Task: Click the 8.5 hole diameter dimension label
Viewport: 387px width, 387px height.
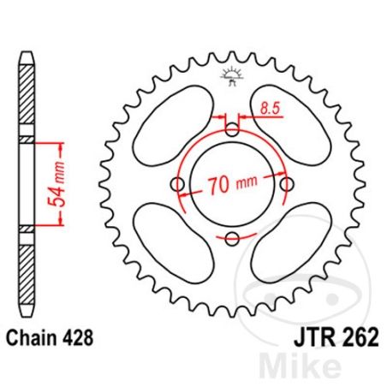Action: (x=271, y=109)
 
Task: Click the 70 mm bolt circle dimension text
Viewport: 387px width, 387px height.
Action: (x=232, y=185)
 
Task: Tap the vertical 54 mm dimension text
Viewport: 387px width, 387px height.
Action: (x=56, y=184)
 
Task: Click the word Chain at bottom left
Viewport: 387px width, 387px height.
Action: (x=32, y=338)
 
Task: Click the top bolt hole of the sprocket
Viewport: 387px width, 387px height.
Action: (x=232, y=130)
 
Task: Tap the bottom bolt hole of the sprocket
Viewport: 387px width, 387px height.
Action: (x=232, y=239)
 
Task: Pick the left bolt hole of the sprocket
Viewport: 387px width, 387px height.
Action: (x=177, y=184)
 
